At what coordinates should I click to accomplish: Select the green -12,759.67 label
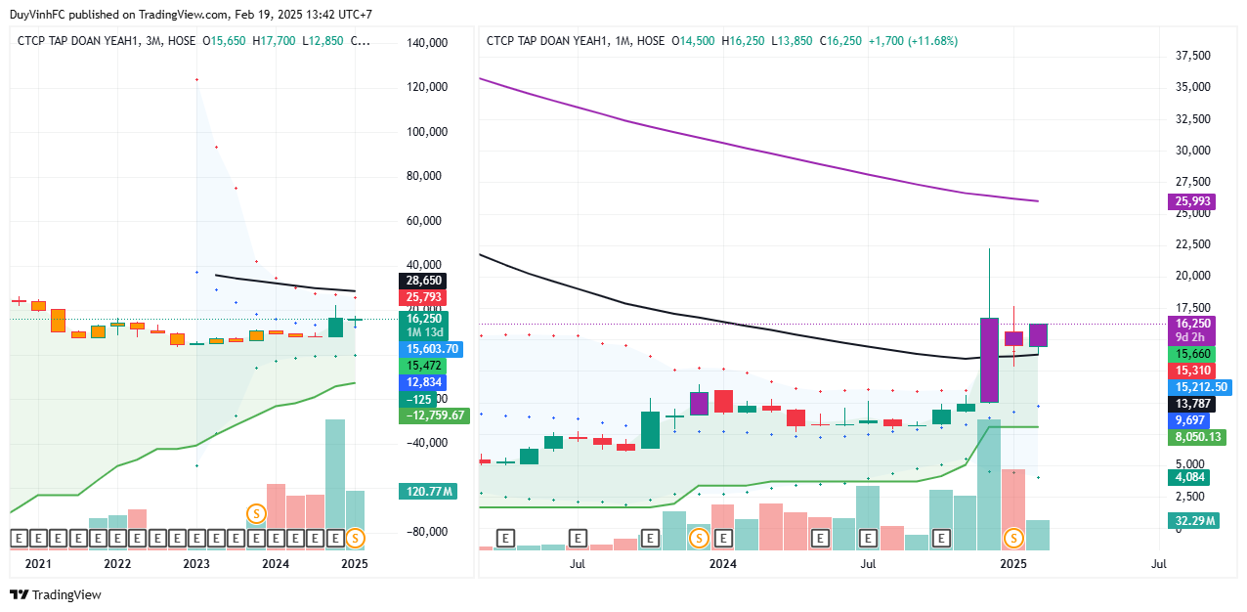[434, 415]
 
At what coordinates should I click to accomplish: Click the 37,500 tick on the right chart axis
[1192, 56]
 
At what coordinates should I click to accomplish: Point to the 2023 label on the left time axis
[196, 564]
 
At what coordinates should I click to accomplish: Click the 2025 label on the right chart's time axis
[1013, 564]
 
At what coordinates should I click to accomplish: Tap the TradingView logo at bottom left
[56, 594]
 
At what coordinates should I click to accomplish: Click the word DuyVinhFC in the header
[36, 15]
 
